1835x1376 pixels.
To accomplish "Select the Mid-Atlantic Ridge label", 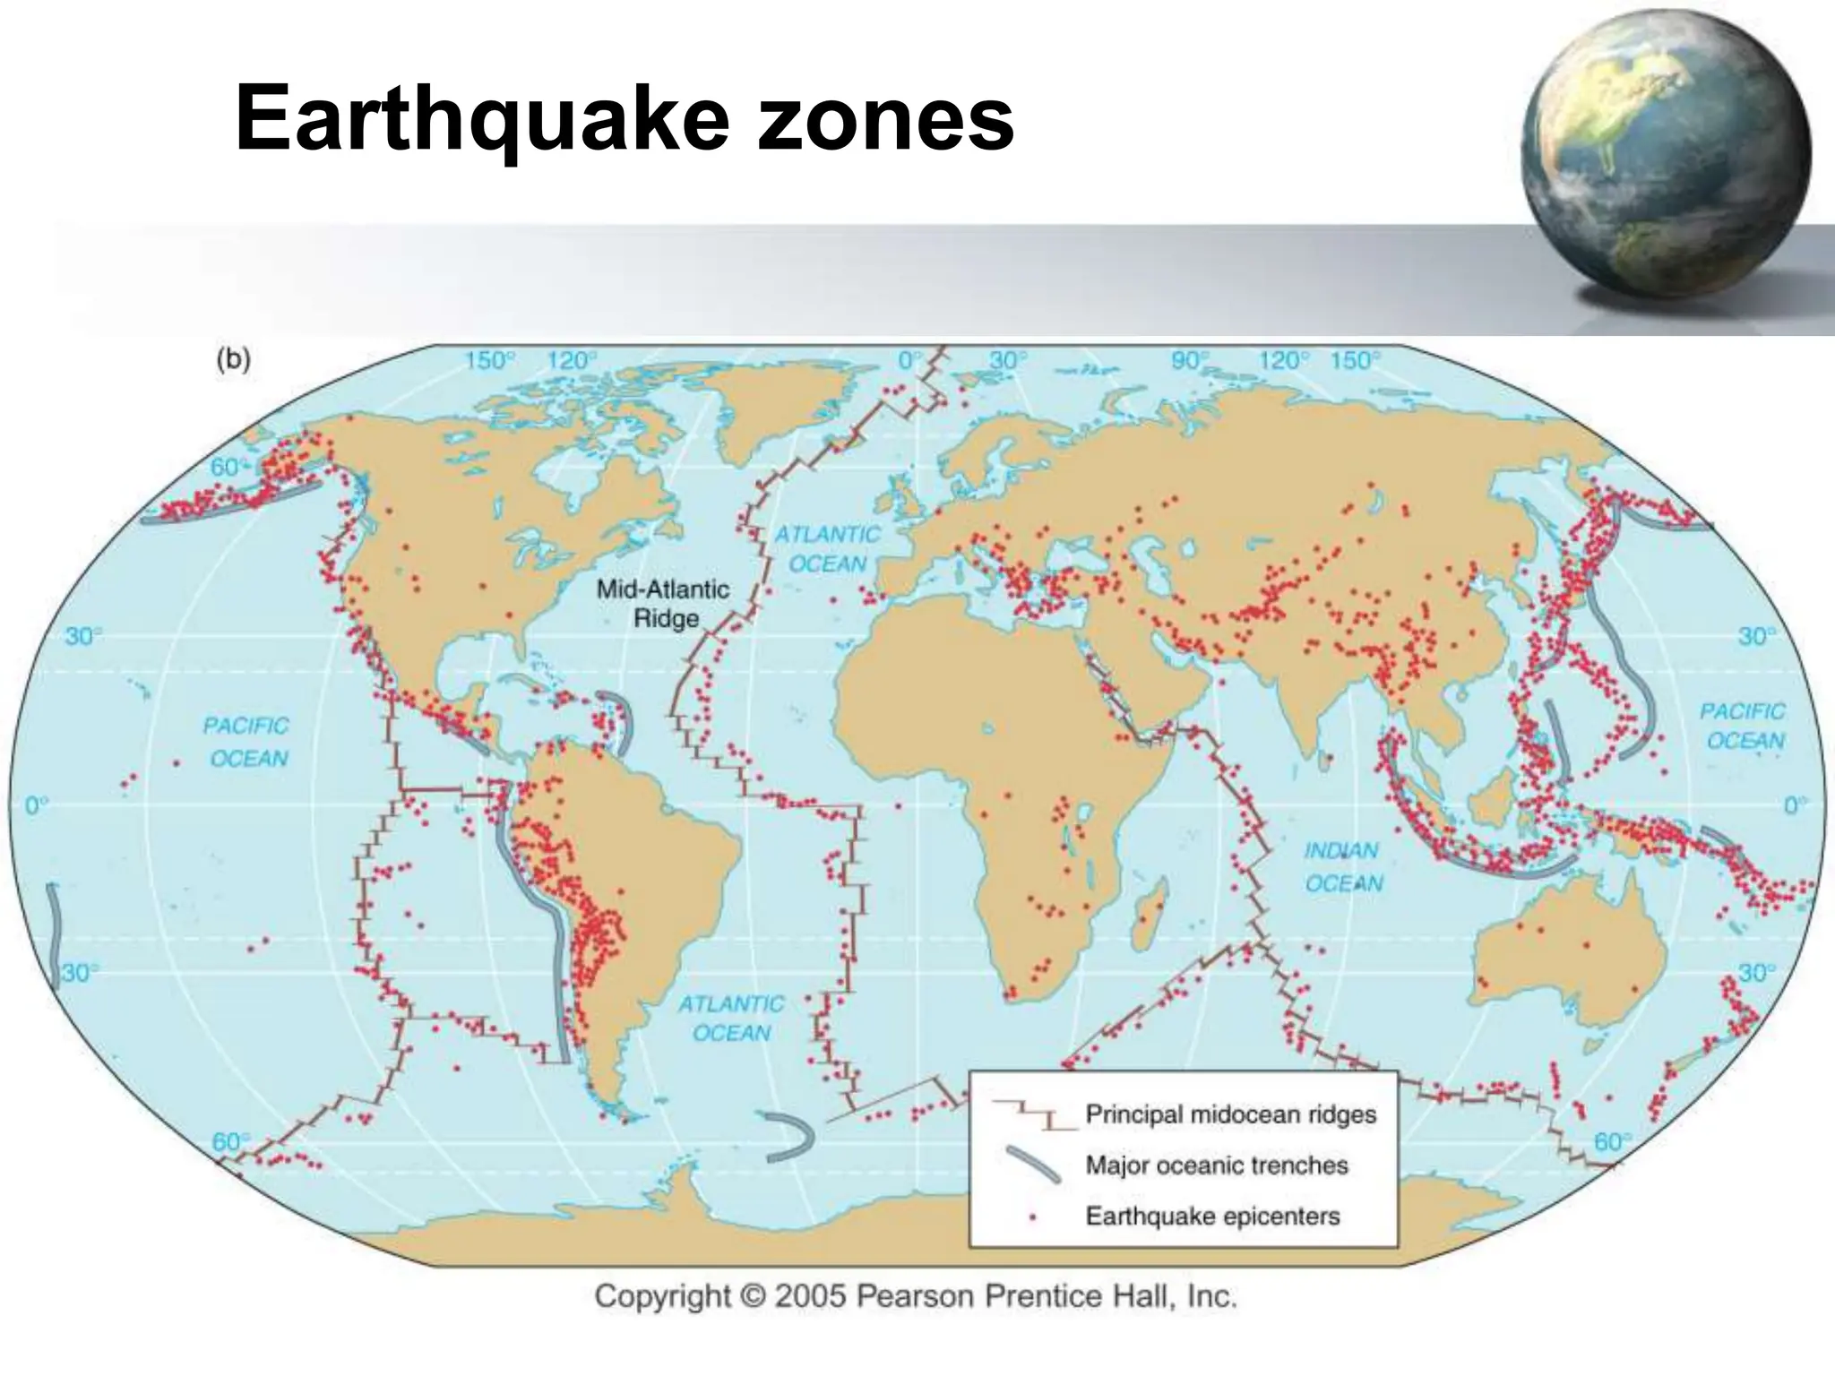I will [x=663, y=604].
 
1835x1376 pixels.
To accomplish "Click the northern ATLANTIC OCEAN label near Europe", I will [x=826, y=548].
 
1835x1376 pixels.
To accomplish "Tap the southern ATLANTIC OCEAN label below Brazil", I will [x=730, y=1018].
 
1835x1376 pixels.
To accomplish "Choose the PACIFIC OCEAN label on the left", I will [x=246, y=742].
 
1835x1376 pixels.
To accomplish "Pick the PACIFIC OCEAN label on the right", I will [x=1742, y=726].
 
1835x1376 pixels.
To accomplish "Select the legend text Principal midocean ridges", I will [x=1230, y=1114].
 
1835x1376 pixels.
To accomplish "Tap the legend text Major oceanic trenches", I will [x=1216, y=1165].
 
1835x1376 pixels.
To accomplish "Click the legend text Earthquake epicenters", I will [x=1212, y=1217].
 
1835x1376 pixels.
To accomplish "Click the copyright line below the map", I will [x=916, y=1296].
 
